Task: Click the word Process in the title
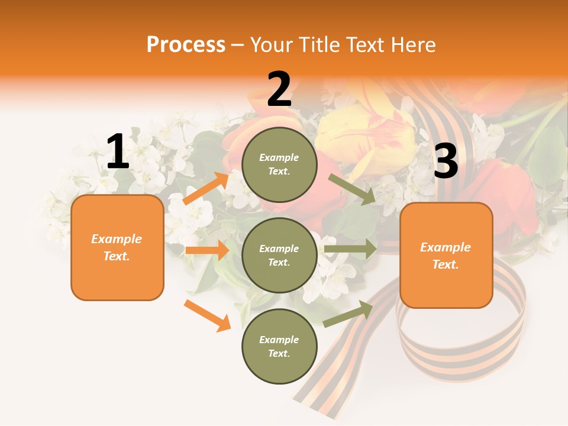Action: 186,44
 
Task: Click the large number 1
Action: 118,152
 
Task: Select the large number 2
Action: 279,89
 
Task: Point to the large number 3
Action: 446,161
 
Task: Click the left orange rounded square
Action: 117,247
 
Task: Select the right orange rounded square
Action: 446,255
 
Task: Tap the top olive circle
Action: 279,164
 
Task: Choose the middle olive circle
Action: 279,255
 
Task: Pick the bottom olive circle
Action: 279,346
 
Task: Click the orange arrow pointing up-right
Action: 206,188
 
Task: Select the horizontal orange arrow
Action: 206,250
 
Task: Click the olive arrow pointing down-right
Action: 352,189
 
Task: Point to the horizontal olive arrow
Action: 350,249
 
